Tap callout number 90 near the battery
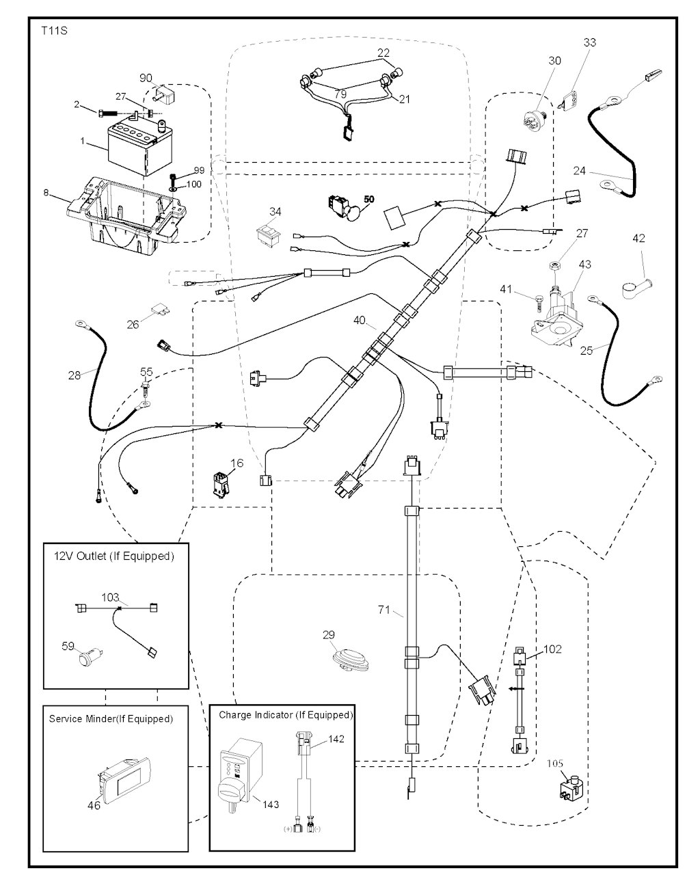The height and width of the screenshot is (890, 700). click(x=146, y=78)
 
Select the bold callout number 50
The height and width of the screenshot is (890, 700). click(x=369, y=199)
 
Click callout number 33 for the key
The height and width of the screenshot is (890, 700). click(x=589, y=42)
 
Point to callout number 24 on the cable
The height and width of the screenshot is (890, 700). click(x=579, y=171)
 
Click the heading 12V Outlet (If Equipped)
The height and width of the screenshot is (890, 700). click(x=114, y=556)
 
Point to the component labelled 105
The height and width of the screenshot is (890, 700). click(x=572, y=789)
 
